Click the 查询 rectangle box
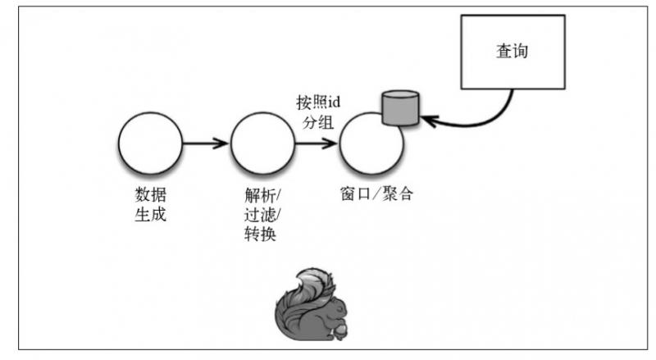514,52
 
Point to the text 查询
512,51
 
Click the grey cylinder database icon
401,110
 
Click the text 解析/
262,196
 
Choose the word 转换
260,235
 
